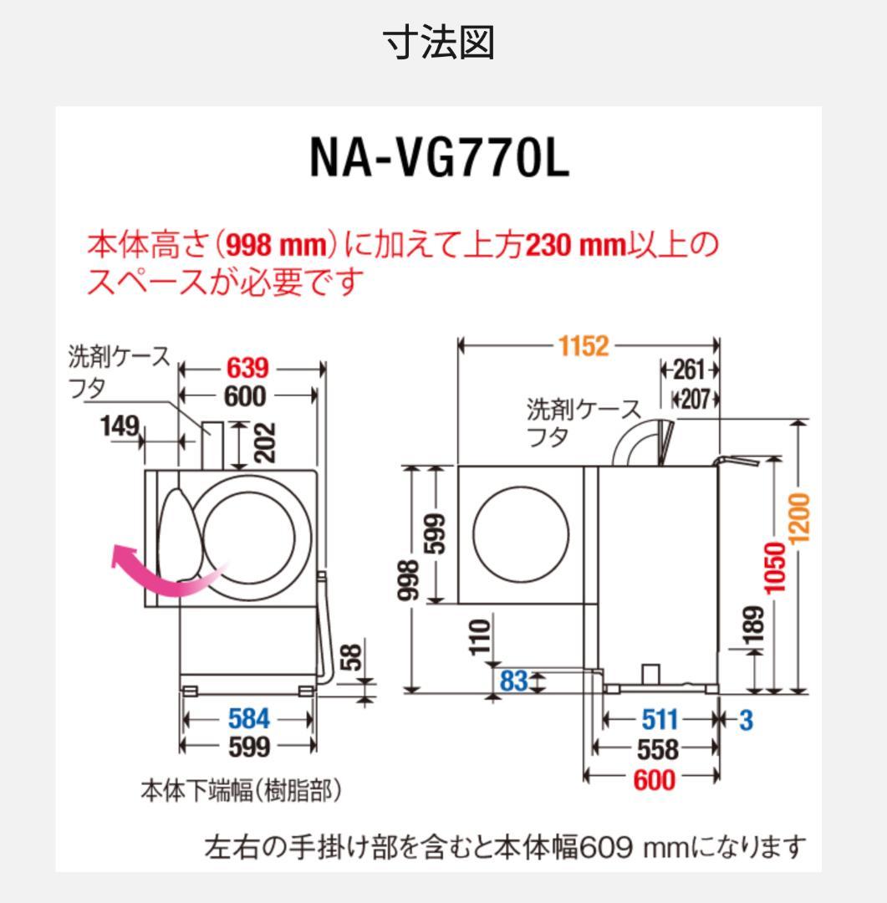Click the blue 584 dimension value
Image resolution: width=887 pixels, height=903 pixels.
pos(248,718)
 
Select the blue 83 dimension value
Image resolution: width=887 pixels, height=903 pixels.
pos(513,681)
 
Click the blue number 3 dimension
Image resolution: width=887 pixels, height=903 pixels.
pos(746,719)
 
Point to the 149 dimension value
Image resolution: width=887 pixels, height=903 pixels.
pos(120,426)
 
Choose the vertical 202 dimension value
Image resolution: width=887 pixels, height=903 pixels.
pos(265,443)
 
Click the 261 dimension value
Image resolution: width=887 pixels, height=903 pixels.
pos(689,370)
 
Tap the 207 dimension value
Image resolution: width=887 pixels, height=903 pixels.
pos(694,399)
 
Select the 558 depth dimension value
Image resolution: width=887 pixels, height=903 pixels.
pos(657,749)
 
